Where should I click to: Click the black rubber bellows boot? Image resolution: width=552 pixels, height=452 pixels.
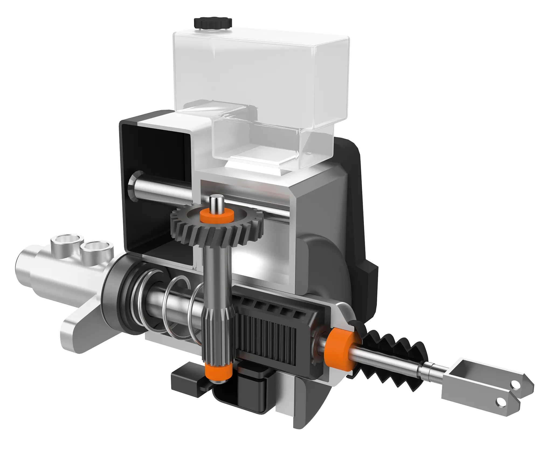(391, 362)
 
